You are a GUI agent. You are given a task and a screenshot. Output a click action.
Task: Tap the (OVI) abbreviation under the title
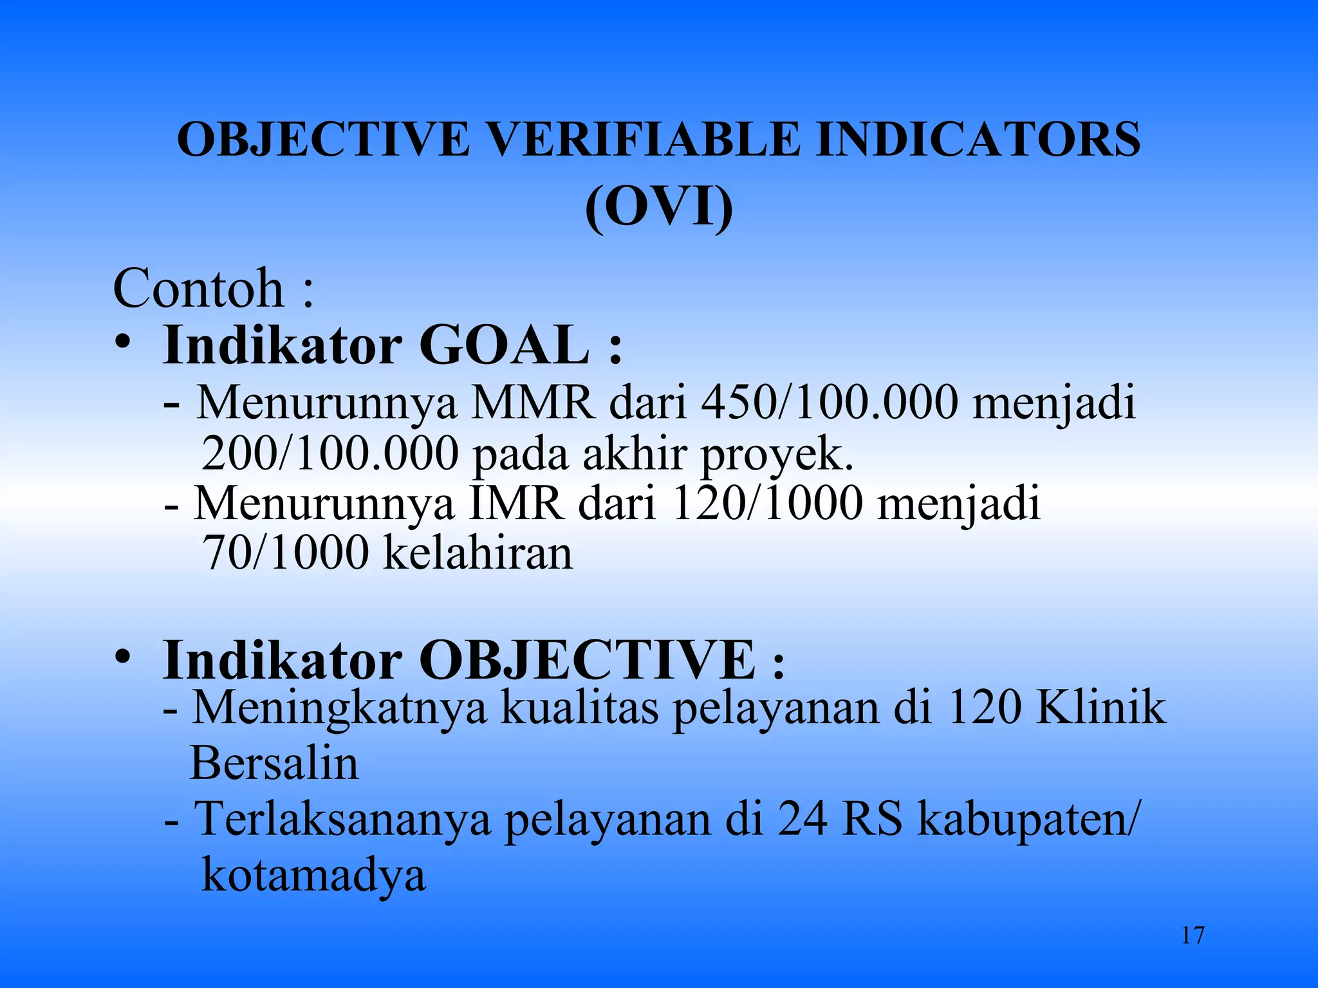(x=659, y=207)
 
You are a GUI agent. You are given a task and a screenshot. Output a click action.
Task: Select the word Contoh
(x=198, y=289)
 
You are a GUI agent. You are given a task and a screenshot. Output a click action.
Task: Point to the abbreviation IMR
(x=515, y=504)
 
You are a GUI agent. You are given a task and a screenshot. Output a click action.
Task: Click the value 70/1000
(x=285, y=553)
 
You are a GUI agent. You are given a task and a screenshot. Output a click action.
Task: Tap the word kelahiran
(x=478, y=553)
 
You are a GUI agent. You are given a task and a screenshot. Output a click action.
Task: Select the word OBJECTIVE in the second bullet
(x=588, y=660)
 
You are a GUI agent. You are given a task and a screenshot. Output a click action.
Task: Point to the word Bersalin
(x=274, y=764)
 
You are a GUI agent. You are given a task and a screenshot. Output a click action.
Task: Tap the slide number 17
(x=1193, y=935)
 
